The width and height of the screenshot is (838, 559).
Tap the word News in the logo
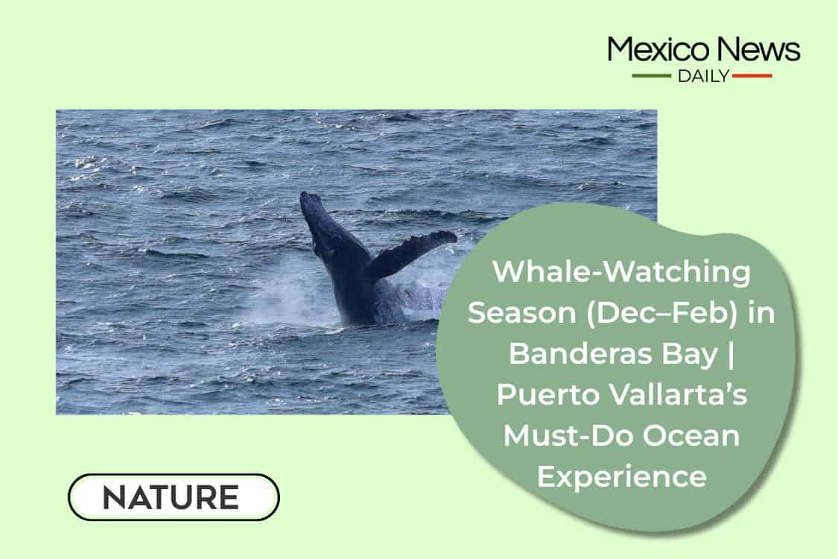(x=759, y=49)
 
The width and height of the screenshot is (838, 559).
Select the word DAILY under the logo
(x=703, y=76)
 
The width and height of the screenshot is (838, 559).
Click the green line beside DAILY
(x=652, y=76)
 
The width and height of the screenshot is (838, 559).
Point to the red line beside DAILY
(x=752, y=76)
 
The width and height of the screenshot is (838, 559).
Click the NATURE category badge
(x=174, y=497)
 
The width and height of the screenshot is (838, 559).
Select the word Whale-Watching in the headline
(x=621, y=271)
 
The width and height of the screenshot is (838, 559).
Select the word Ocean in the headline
(x=691, y=435)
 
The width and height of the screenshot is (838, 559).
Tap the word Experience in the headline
(x=622, y=477)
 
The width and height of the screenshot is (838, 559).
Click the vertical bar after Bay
(x=731, y=354)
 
